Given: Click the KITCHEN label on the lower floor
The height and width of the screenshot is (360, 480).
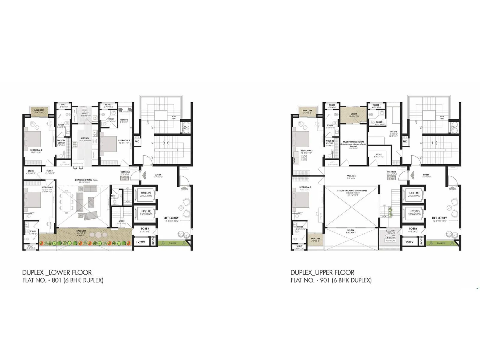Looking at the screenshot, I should click(85, 138).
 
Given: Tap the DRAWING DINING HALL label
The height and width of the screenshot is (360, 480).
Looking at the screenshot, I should click(86, 180).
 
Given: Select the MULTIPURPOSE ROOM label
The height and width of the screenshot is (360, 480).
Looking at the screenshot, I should click(353, 142).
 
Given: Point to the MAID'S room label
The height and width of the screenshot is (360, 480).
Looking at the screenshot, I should click(394, 132).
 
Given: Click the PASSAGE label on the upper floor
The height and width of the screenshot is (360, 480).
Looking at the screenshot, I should click(351, 176).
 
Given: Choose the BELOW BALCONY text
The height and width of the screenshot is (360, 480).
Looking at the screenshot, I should click(351, 231).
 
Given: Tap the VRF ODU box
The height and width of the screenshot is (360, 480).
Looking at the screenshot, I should click(390, 241).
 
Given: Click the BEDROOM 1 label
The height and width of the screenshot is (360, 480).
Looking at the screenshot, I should click(124, 140).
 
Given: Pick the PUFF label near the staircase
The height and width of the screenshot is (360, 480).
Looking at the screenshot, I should click(113, 196).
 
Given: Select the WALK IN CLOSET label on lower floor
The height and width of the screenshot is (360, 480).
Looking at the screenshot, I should click(61, 142).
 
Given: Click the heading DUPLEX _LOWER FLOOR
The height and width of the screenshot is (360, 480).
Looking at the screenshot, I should click(57, 272).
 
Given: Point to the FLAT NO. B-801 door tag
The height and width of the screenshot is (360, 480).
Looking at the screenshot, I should click(124, 178).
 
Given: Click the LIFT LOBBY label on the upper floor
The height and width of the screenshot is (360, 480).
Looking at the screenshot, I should click(439, 218).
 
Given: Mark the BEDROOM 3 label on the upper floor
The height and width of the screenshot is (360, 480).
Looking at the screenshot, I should click(305, 187).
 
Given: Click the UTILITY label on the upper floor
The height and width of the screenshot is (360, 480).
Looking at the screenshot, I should click(354, 114).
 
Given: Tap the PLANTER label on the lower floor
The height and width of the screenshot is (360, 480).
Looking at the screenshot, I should click(172, 243).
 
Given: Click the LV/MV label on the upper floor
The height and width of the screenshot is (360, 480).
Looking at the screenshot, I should click(409, 242).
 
